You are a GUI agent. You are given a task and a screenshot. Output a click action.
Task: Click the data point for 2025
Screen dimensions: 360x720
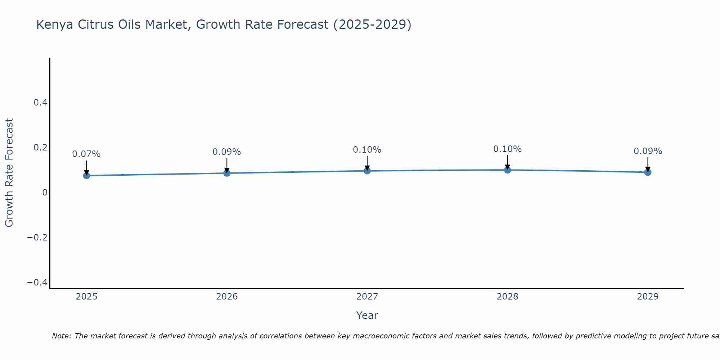tap(86, 175)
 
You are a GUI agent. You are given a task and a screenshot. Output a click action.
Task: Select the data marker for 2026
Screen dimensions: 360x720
tap(227, 173)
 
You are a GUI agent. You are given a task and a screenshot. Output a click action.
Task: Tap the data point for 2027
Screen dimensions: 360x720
tap(367, 171)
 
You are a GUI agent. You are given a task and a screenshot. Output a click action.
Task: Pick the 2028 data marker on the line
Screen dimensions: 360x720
tap(507, 170)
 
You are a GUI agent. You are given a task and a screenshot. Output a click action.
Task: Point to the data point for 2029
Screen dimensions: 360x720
tap(648, 172)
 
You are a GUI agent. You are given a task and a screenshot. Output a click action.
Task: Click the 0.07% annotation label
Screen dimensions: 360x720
tap(86, 154)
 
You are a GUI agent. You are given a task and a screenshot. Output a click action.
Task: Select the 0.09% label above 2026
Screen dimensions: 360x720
tap(227, 152)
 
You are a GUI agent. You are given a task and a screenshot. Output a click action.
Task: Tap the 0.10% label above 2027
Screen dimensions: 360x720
tap(367, 150)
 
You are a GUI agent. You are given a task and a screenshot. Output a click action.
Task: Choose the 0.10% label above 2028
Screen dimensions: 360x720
tap(507, 149)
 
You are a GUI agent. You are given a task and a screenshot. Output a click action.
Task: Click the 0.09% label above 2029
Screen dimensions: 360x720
tap(648, 151)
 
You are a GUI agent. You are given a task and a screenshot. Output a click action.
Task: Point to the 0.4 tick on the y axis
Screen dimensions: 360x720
tap(40, 103)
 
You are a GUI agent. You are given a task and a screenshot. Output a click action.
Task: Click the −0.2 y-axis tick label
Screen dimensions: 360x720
tap(37, 238)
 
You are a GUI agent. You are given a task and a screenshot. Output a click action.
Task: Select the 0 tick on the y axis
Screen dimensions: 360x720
tap(45, 193)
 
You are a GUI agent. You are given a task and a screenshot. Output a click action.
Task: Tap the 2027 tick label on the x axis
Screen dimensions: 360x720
tap(367, 297)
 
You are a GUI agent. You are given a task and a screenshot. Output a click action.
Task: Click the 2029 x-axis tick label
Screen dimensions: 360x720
tap(648, 297)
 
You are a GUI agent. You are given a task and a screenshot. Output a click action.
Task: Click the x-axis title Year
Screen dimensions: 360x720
tap(367, 315)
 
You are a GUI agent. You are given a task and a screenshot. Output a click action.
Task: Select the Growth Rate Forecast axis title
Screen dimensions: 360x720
tap(9, 173)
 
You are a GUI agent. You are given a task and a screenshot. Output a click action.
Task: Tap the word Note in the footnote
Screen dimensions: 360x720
tap(61, 336)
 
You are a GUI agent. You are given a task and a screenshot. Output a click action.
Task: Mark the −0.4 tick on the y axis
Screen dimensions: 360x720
tap(37, 283)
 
